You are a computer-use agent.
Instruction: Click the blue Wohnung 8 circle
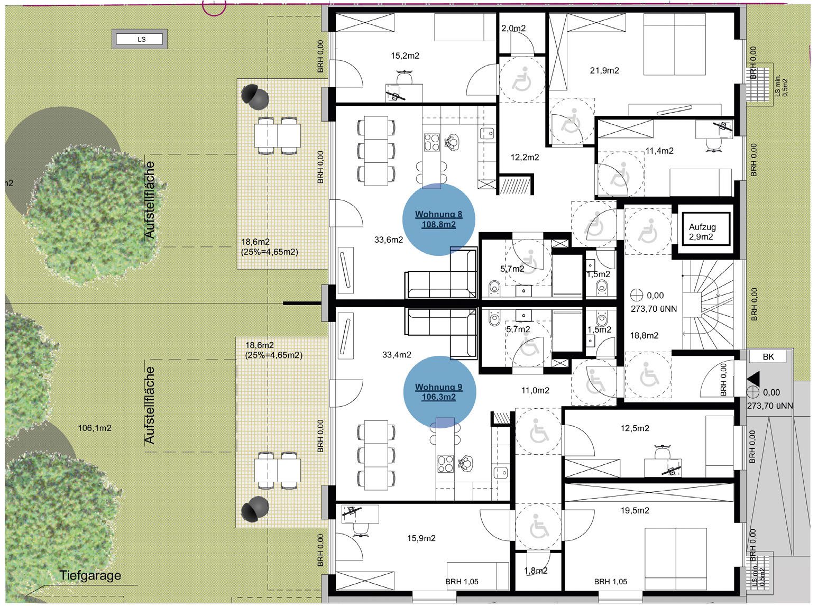[x=438, y=219]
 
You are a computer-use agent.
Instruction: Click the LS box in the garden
[x=140, y=39]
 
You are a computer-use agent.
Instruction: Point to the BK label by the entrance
[x=768, y=356]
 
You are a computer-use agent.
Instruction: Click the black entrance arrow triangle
[x=753, y=379]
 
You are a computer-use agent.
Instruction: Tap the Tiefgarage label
[x=90, y=575]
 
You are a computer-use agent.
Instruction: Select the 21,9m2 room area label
[x=604, y=70]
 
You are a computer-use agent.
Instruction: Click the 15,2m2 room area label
[x=405, y=56]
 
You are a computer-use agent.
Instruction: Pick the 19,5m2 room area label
[x=635, y=510]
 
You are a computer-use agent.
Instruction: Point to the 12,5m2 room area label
[x=635, y=428]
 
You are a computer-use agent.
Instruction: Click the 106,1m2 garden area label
[x=95, y=428]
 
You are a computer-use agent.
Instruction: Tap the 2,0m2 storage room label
[x=513, y=29]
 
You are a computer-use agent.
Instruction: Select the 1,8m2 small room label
[x=536, y=571]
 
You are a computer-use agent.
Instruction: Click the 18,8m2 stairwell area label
[x=644, y=335]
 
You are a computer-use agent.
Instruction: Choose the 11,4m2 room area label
[x=659, y=151]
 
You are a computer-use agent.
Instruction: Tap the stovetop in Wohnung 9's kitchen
[x=446, y=464]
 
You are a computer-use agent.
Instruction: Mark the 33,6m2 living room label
[x=388, y=240]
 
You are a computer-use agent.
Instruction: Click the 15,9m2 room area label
[x=421, y=538]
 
